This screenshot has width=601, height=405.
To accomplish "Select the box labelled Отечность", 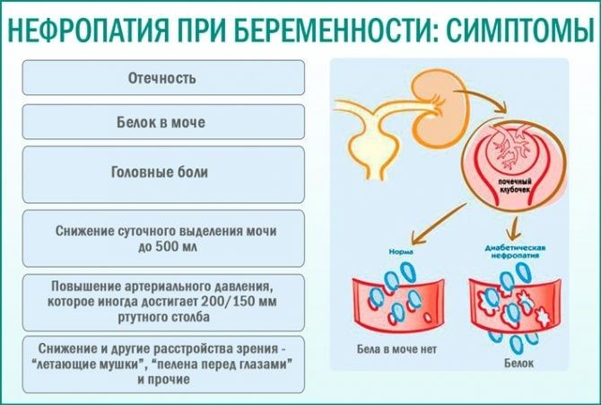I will [x=162, y=77].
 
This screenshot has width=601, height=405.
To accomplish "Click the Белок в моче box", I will [x=162, y=121].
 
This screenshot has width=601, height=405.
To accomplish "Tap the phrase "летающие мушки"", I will [x=100, y=364].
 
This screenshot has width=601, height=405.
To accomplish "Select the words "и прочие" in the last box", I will [x=162, y=379].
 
